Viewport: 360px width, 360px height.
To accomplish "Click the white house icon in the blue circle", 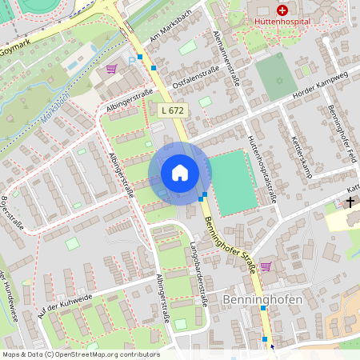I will pos(180,173).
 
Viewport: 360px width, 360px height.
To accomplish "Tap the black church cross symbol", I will pos(350,202).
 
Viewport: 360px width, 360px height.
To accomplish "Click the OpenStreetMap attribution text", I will pos(81,354).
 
